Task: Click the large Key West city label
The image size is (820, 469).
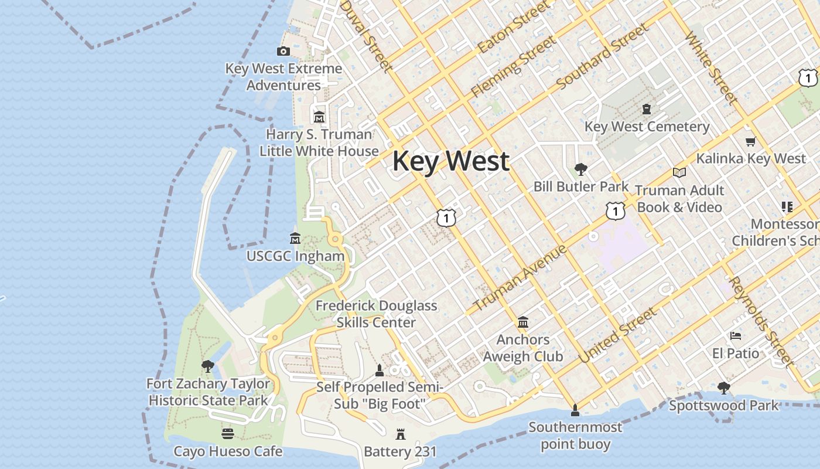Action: click(x=450, y=161)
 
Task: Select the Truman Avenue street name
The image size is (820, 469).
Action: click(x=520, y=278)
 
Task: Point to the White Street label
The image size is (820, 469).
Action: click(x=710, y=69)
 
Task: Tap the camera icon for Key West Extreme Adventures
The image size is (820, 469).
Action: click(x=283, y=52)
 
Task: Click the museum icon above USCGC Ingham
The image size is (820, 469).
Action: click(x=295, y=239)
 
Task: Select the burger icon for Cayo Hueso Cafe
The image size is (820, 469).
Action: click(x=228, y=434)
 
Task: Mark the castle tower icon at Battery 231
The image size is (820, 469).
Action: click(x=401, y=434)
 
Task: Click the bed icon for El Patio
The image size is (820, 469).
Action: click(x=736, y=336)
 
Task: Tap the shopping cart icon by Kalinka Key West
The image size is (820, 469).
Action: click(x=751, y=141)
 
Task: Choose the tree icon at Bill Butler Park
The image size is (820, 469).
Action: click(x=580, y=169)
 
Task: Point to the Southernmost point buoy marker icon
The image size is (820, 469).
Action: click(x=575, y=410)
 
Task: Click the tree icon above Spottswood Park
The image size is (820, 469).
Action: click(x=724, y=388)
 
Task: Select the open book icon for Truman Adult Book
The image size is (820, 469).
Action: click(x=679, y=172)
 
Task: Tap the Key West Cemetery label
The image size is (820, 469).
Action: click(x=647, y=127)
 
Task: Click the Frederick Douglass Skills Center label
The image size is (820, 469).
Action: click(x=376, y=314)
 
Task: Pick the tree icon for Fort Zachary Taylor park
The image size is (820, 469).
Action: click(x=207, y=367)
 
